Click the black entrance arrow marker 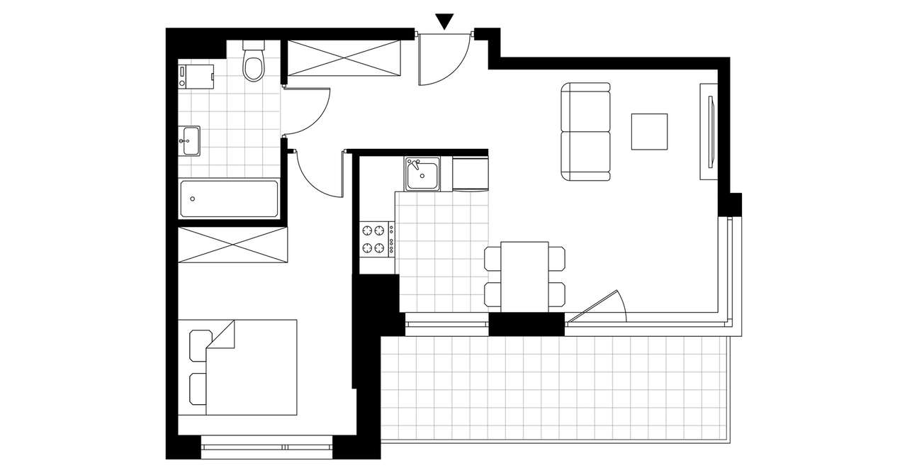[444, 21]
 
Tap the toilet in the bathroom [253, 62]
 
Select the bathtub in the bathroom [229, 199]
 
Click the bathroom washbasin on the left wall [190, 140]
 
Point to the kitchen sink [422, 174]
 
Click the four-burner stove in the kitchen [377, 238]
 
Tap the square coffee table [649, 131]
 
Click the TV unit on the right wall [709, 125]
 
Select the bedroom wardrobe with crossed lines [233, 245]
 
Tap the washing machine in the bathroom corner [196, 74]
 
